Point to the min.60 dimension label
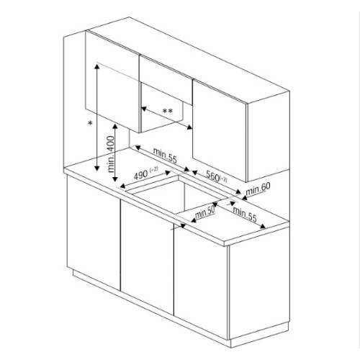pos(257,189)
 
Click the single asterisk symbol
pos(90,125)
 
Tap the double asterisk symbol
pos(167,110)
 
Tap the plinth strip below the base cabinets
pos(144,310)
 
